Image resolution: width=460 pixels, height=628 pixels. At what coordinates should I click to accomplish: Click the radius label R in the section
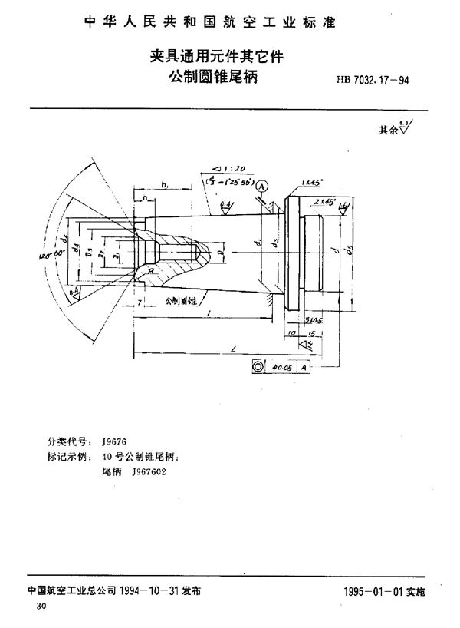pyautogui.click(x=154, y=270)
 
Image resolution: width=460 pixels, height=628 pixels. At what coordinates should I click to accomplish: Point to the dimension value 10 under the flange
pyautogui.click(x=292, y=333)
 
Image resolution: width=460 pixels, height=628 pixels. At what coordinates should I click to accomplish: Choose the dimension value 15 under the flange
pyautogui.click(x=312, y=333)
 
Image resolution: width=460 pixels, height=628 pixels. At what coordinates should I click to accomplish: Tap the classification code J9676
pyautogui.click(x=113, y=443)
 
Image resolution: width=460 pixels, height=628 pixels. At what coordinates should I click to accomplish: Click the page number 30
pyautogui.click(x=31, y=607)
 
